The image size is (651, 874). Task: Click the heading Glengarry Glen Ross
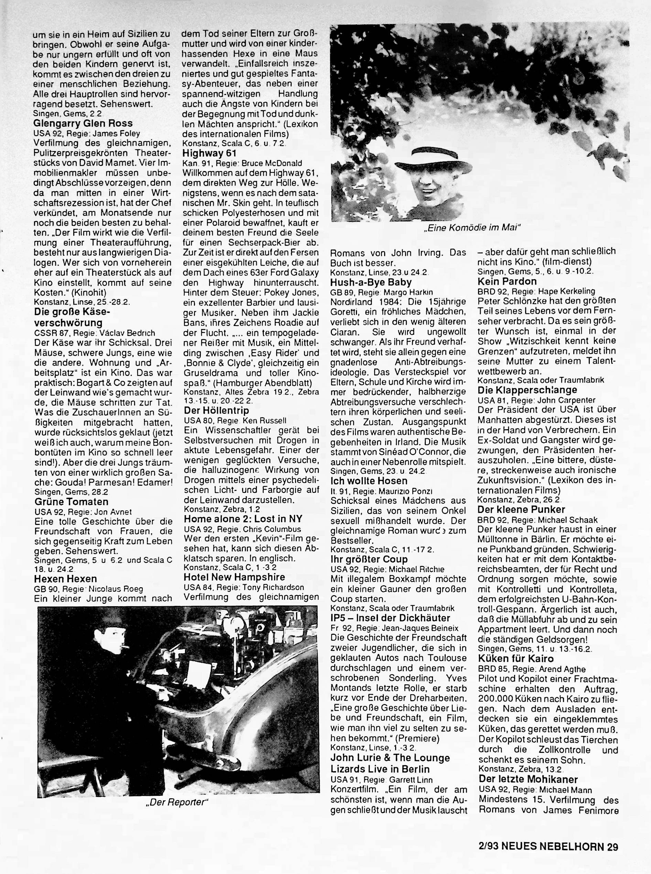(83, 124)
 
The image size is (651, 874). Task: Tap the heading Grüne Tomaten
(71, 502)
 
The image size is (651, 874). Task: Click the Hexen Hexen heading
(65, 579)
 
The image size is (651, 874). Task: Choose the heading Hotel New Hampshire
(235, 577)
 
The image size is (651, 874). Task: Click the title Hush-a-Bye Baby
(371, 282)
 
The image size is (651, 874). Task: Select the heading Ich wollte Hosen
(369, 481)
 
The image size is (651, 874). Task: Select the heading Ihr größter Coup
(369, 559)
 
